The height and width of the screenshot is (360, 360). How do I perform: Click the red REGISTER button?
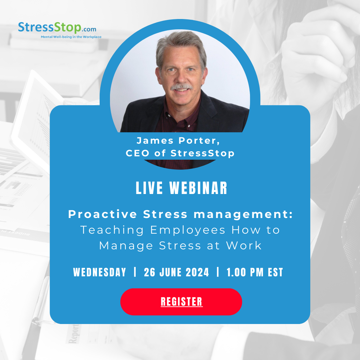[x=181, y=302]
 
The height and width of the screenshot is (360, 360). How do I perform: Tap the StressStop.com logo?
[x=57, y=28]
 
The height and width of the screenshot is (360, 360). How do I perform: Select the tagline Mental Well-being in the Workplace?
[x=71, y=37]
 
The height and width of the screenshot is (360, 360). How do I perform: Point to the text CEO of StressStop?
[x=180, y=153]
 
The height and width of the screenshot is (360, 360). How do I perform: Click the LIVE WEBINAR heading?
[x=181, y=188]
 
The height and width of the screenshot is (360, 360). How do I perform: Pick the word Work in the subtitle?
[x=244, y=246]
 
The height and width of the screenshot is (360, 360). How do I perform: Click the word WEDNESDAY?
[x=100, y=272]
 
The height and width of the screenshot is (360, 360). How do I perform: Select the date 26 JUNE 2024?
[x=176, y=272]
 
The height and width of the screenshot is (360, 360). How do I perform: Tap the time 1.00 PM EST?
[x=255, y=272]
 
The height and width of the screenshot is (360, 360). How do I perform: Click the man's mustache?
[x=182, y=87]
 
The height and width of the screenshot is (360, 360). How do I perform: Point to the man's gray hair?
[x=180, y=43]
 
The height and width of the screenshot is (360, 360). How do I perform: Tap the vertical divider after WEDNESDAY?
[x=135, y=272]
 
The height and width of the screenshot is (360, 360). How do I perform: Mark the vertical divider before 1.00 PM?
[x=218, y=272]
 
